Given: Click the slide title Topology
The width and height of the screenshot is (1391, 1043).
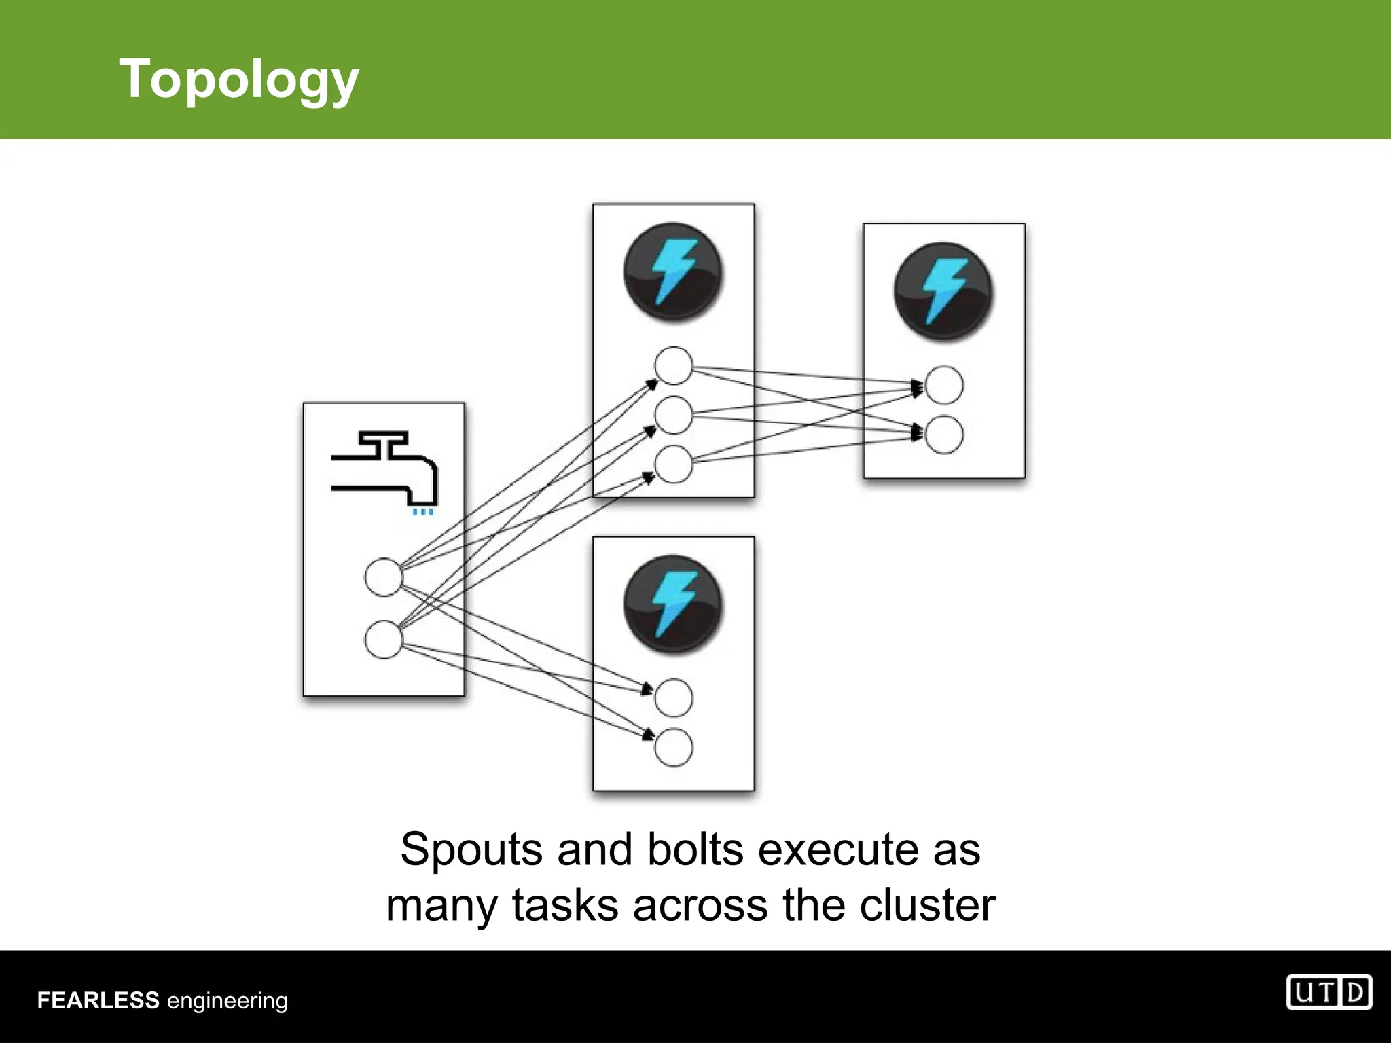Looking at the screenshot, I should [x=238, y=79].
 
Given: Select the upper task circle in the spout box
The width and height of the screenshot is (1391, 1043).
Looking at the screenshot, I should [x=384, y=577].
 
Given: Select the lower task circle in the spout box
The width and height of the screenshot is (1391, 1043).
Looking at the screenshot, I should [x=384, y=640].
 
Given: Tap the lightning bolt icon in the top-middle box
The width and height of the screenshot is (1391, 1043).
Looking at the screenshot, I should [x=673, y=272].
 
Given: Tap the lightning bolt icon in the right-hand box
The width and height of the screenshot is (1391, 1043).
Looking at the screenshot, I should [x=943, y=291].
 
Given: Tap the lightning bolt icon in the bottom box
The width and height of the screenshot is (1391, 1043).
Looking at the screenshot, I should [x=673, y=604].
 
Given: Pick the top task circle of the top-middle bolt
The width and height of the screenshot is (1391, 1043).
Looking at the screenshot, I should [x=673, y=365].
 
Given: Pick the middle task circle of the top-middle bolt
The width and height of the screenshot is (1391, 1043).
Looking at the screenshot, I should [x=673, y=415].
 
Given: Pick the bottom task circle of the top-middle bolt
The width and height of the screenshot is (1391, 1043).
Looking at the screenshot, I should [x=673, y=464].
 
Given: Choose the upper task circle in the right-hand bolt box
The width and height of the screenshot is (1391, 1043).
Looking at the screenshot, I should [x=944, y=385].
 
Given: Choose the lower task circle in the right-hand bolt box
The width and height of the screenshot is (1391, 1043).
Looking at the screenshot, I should [x=944, y=435].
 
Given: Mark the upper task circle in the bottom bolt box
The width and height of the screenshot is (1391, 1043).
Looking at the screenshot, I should [x=673, y=698].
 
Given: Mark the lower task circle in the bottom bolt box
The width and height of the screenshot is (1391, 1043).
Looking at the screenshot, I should [x=673, y=748].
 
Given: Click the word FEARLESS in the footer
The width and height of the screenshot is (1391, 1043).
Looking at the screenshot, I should [x=98, y=1000].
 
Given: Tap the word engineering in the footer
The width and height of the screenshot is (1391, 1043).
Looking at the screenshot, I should [x=228, y=1002].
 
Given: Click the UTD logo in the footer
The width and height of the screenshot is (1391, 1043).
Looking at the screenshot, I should [x=1329, y=993].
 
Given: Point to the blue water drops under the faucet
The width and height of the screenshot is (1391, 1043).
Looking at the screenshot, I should [x=423, y=512].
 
